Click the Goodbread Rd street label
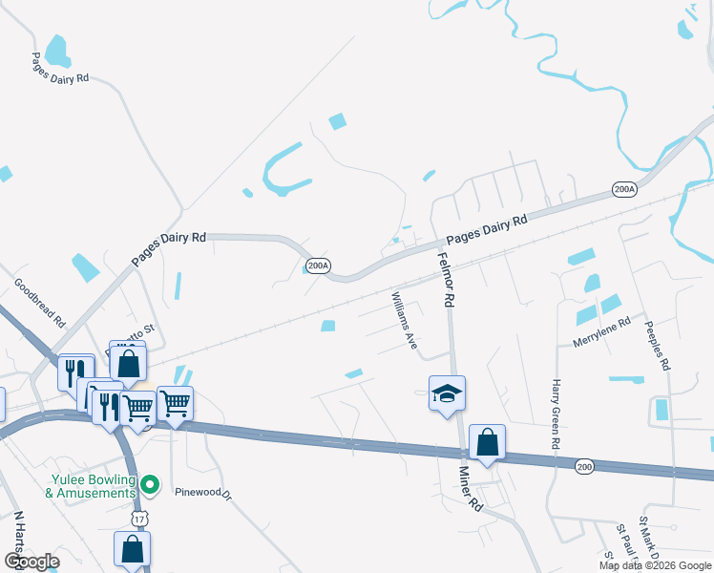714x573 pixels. [39, 302]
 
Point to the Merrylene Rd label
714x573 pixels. [602, 329]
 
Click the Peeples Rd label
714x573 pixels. [658, 344]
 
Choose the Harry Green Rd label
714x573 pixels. [554, 414]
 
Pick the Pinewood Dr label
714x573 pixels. [203, 494]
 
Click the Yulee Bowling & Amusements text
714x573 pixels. [90, 486]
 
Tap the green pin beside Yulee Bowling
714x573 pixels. [149, 485]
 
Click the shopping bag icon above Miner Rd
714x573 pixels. [487, 441]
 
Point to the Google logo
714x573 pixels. [31, 562]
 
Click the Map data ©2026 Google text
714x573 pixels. [654, 565]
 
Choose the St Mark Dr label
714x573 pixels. [649, 538]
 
